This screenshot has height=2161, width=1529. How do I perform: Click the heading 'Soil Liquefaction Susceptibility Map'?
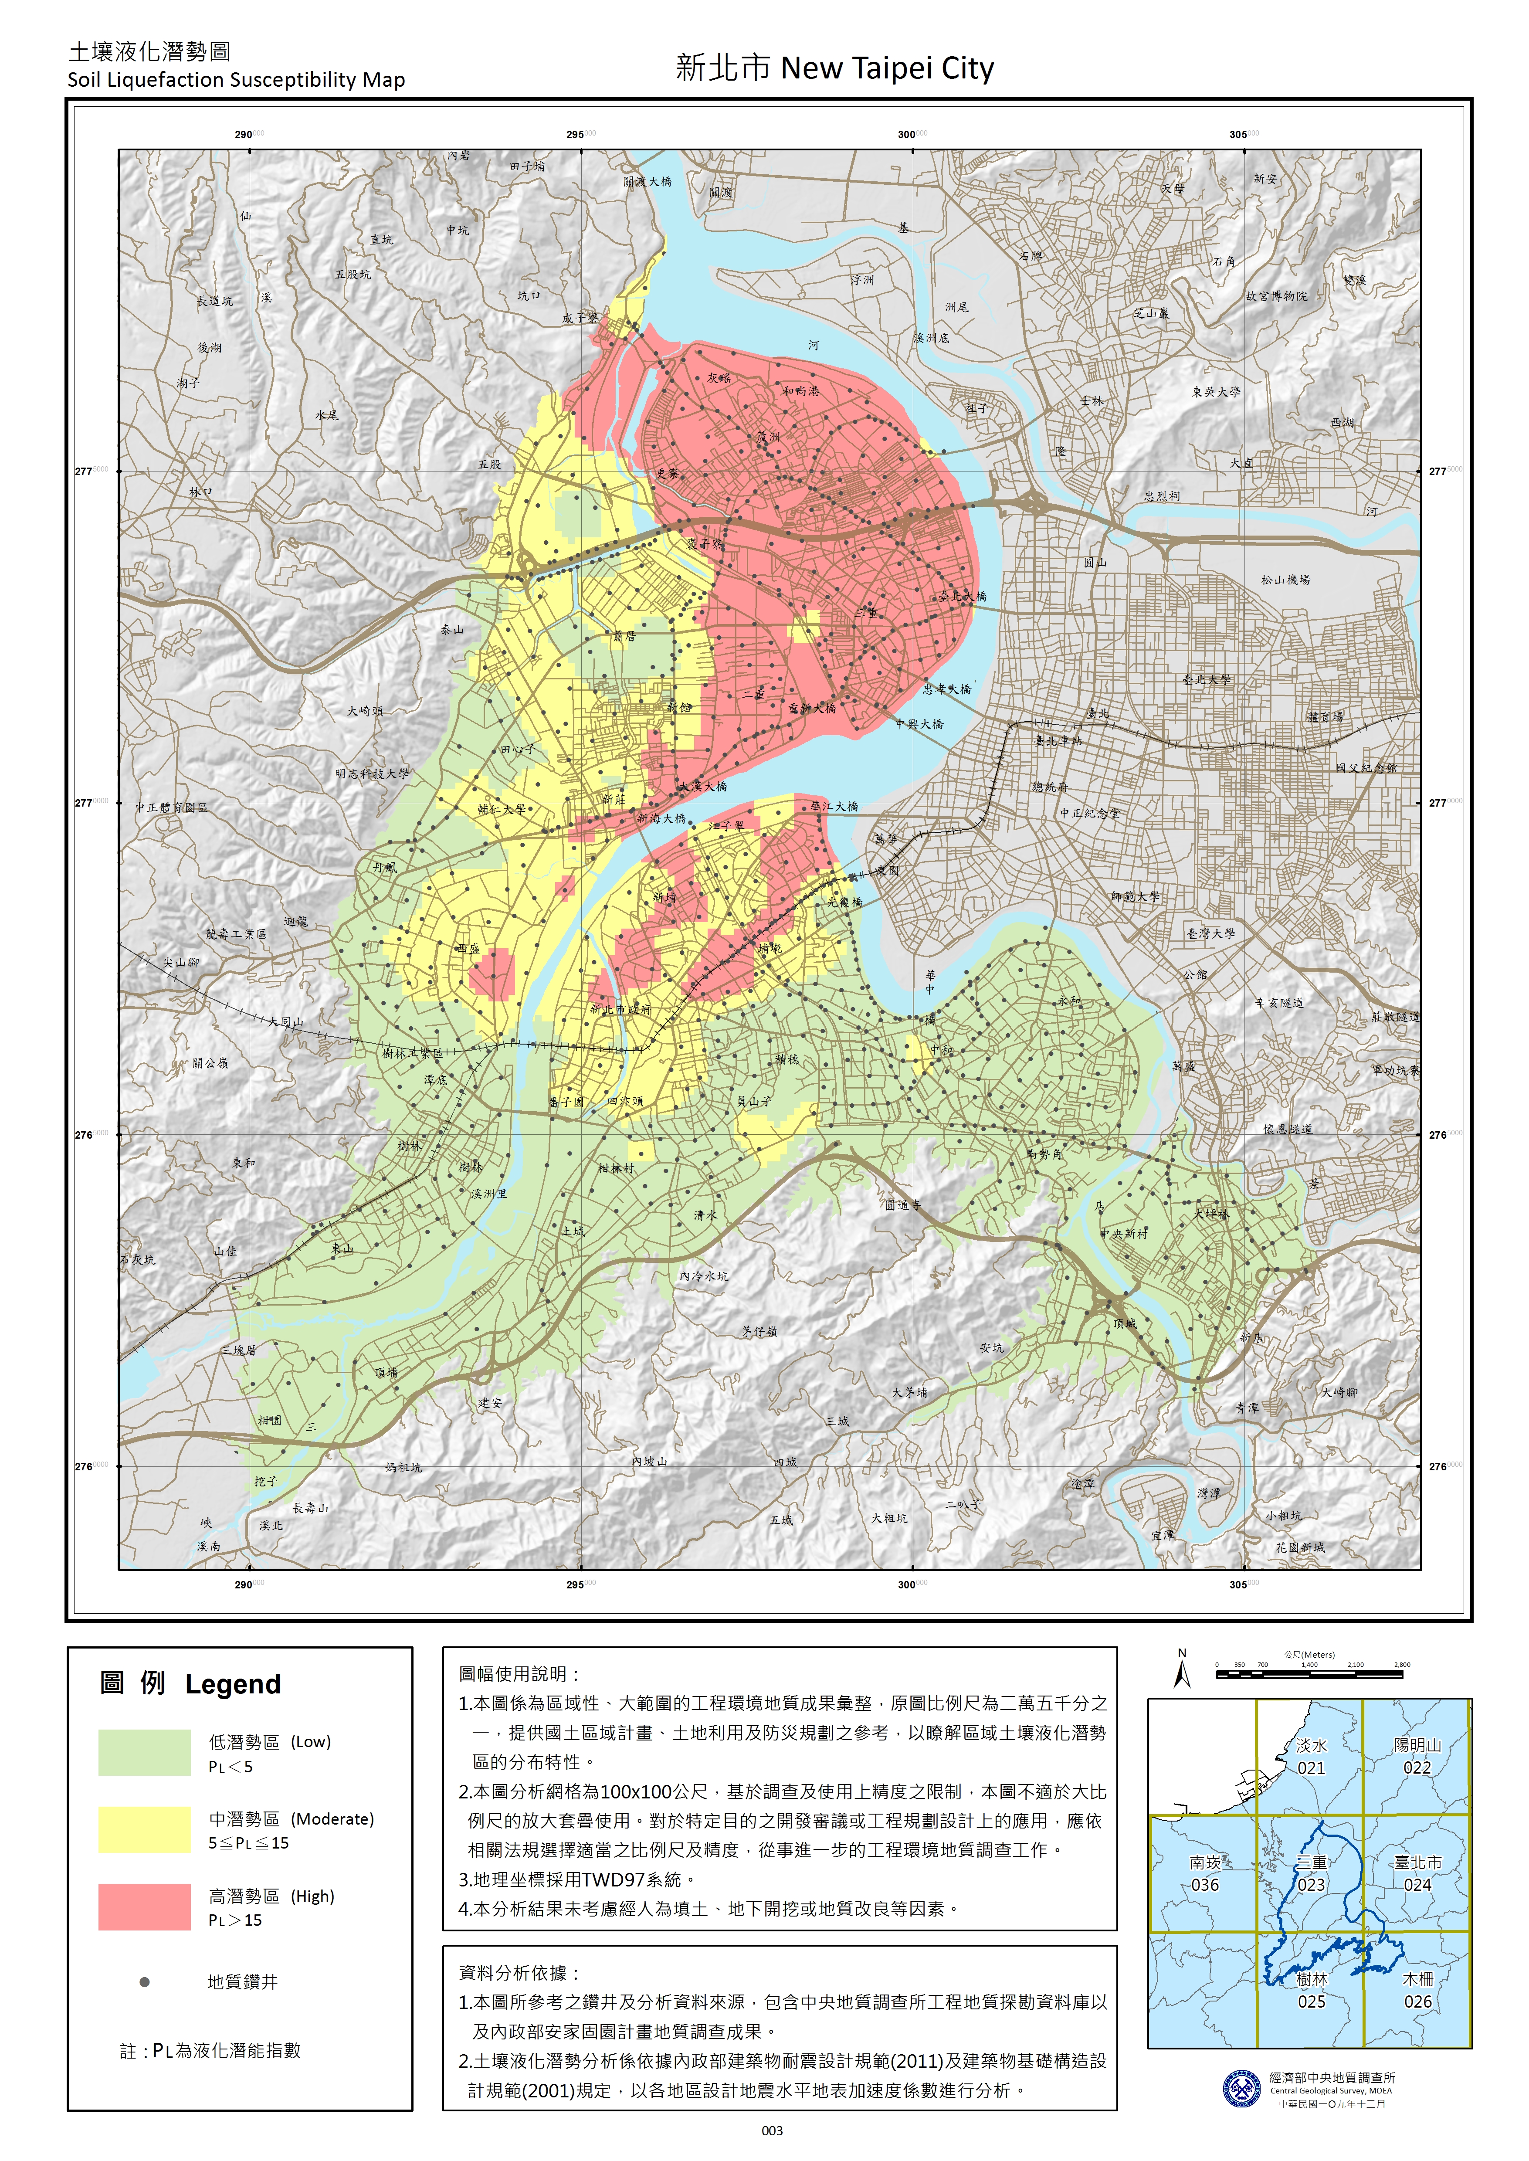(235, 80)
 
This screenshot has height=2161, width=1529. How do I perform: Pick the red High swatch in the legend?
(144, 1907)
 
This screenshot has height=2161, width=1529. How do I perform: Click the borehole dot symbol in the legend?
(144, 1982)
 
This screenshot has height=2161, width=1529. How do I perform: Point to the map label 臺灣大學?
(1210, 933)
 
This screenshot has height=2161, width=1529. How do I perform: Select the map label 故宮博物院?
(1276, 295)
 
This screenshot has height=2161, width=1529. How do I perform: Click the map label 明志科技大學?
(372, 774)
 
